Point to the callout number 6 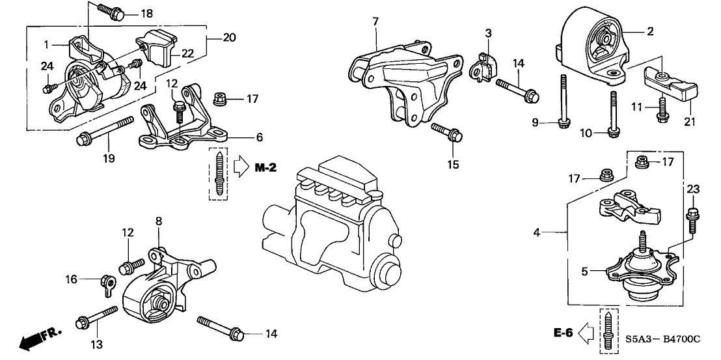(258, 138)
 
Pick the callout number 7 (375, 21)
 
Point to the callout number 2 (649, 31)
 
